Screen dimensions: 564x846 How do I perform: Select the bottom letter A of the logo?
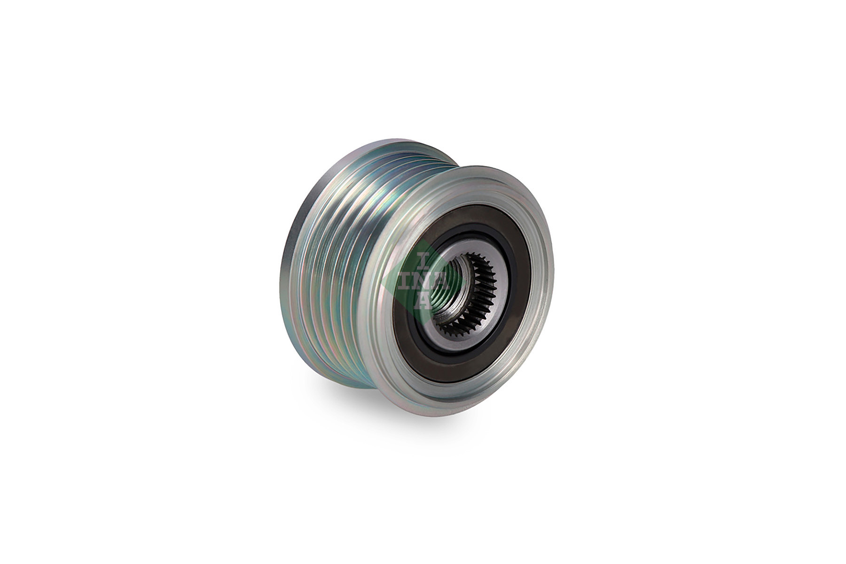423,301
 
